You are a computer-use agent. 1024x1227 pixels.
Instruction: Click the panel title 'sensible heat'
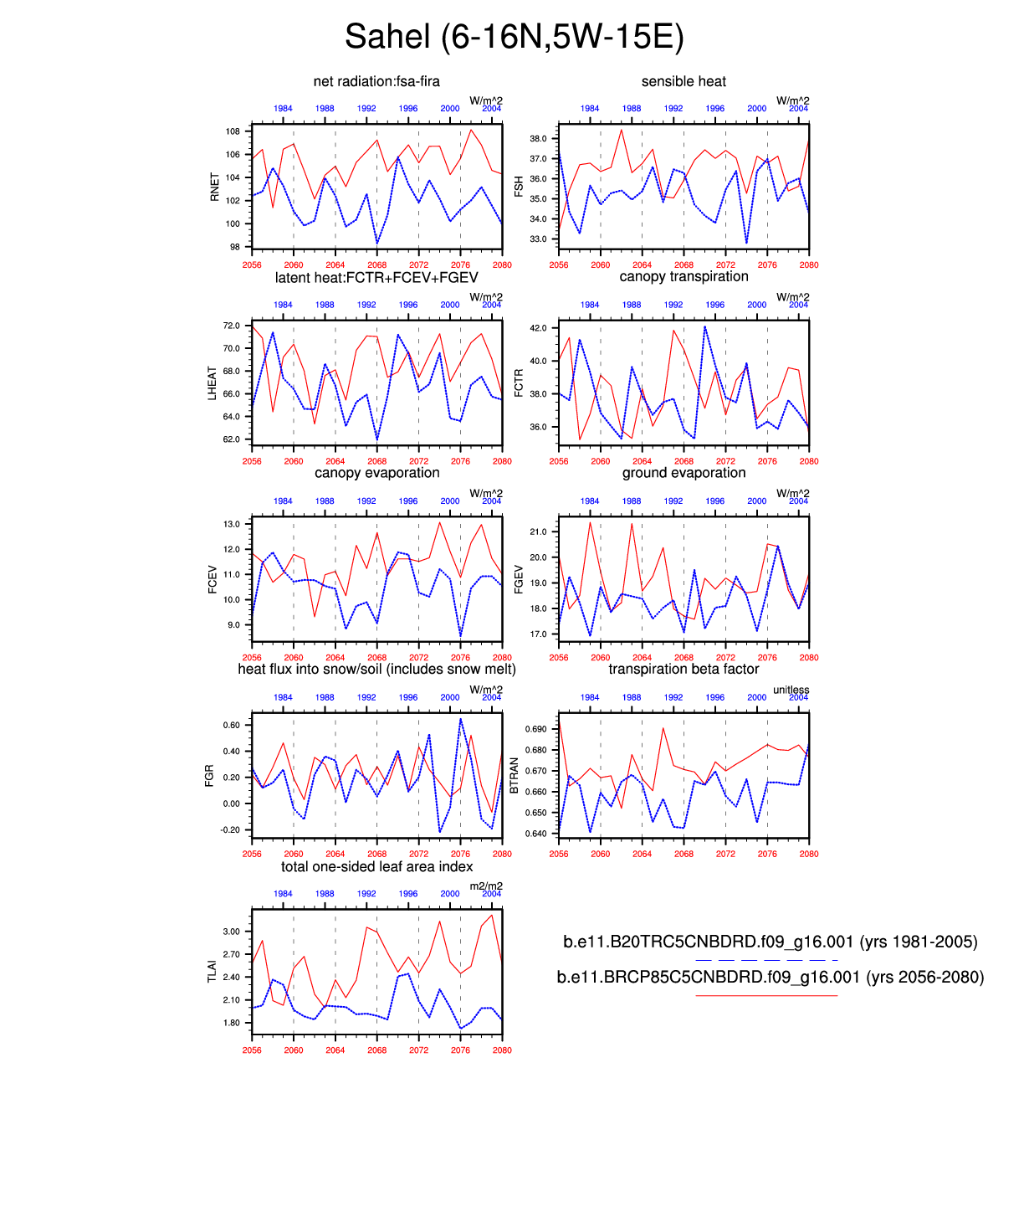coord(684,81)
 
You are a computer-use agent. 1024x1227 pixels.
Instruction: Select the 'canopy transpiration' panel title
coord(684,277)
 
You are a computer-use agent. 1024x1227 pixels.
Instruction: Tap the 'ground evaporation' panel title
coord(684,473)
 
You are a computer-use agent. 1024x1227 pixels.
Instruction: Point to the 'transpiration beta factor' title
coord(684,670)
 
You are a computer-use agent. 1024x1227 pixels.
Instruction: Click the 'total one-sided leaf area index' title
coord(376,867)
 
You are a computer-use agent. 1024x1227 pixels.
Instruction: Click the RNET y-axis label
coord(215,187)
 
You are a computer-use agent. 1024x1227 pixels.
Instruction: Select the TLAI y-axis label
coord(212,971)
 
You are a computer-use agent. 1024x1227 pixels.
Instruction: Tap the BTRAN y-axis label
coord(515,776)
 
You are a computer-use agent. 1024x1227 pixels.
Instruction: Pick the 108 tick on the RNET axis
coord(233,131)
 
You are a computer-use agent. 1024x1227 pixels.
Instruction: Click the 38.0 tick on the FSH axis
coord(538,139)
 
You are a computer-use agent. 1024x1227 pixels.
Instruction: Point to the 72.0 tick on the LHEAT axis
coord(231,326)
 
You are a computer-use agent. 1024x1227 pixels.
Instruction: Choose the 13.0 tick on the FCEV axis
coord(231,524)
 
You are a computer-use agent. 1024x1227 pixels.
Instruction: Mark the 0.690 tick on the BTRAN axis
coord(535,729)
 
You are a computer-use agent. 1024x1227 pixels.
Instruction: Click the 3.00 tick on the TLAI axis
coord(231,932)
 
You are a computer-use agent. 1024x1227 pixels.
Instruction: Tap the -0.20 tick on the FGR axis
coord(230,830)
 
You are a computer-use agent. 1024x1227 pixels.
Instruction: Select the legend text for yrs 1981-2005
coord(770,942)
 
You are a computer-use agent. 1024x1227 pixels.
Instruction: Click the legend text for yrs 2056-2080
coord(770,978)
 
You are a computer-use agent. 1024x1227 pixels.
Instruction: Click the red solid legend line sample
coord(765,996)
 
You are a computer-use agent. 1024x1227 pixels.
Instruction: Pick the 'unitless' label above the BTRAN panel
coord(791,691)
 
